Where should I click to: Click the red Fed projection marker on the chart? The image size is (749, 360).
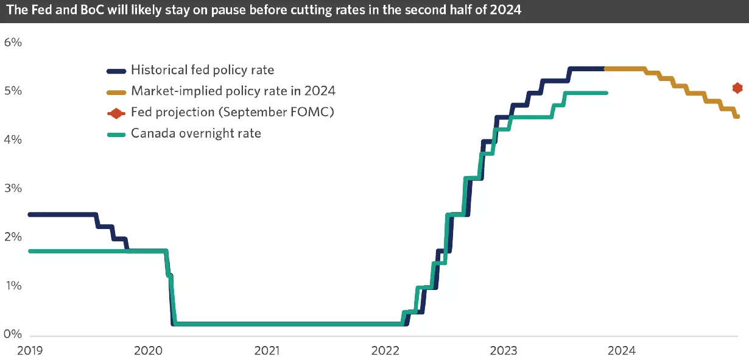point(737,88)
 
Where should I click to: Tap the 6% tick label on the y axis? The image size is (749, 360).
point(13,43)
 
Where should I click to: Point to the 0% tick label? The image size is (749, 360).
point(13,334)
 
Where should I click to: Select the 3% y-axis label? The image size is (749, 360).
point(13,188)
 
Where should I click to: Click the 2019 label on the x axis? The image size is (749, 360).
point(29,350)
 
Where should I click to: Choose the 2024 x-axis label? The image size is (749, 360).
point(622,350)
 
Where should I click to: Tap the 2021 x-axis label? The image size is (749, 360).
point(266,350)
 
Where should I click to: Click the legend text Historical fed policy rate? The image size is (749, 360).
point(202,70)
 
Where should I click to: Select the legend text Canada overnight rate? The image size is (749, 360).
point(195,133)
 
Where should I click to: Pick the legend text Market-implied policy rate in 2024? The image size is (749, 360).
point(233,91)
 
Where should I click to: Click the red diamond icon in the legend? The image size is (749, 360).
point(116,113)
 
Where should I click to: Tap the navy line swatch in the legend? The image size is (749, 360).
point(116,71)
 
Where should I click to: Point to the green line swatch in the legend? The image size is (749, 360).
point(116,133)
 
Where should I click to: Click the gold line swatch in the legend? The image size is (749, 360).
point(116,92)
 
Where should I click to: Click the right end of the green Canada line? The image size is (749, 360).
point(606,93)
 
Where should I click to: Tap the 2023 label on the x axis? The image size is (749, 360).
point(504,350)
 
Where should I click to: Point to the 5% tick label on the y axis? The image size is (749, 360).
point(13,91)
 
